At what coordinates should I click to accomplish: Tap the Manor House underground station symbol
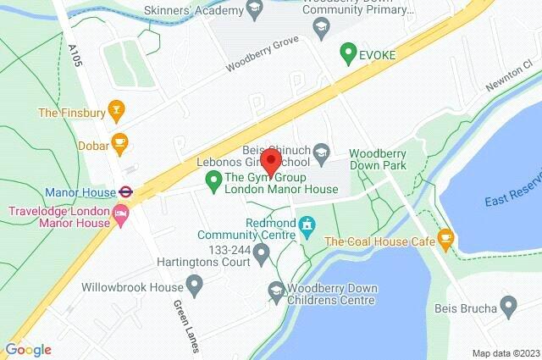pyautogui.click(x=125, y=192)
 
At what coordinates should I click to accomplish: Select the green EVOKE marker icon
pyautogui.click(x=346, y=53)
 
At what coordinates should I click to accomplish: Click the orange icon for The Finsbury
pyautogui.click(x=117, y=110)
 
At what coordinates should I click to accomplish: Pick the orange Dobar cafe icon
pyautogui.click(x=119, y=143)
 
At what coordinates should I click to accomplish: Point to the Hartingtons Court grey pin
pyautogui.click(x=262, y=252)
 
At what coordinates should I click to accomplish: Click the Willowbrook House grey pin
pyautogui.click(x=195, y=285)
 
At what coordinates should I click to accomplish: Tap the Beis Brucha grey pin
pyautogui.click(x=508, y=305)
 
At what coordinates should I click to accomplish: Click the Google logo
pyautogui.click(x=28, y=349)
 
